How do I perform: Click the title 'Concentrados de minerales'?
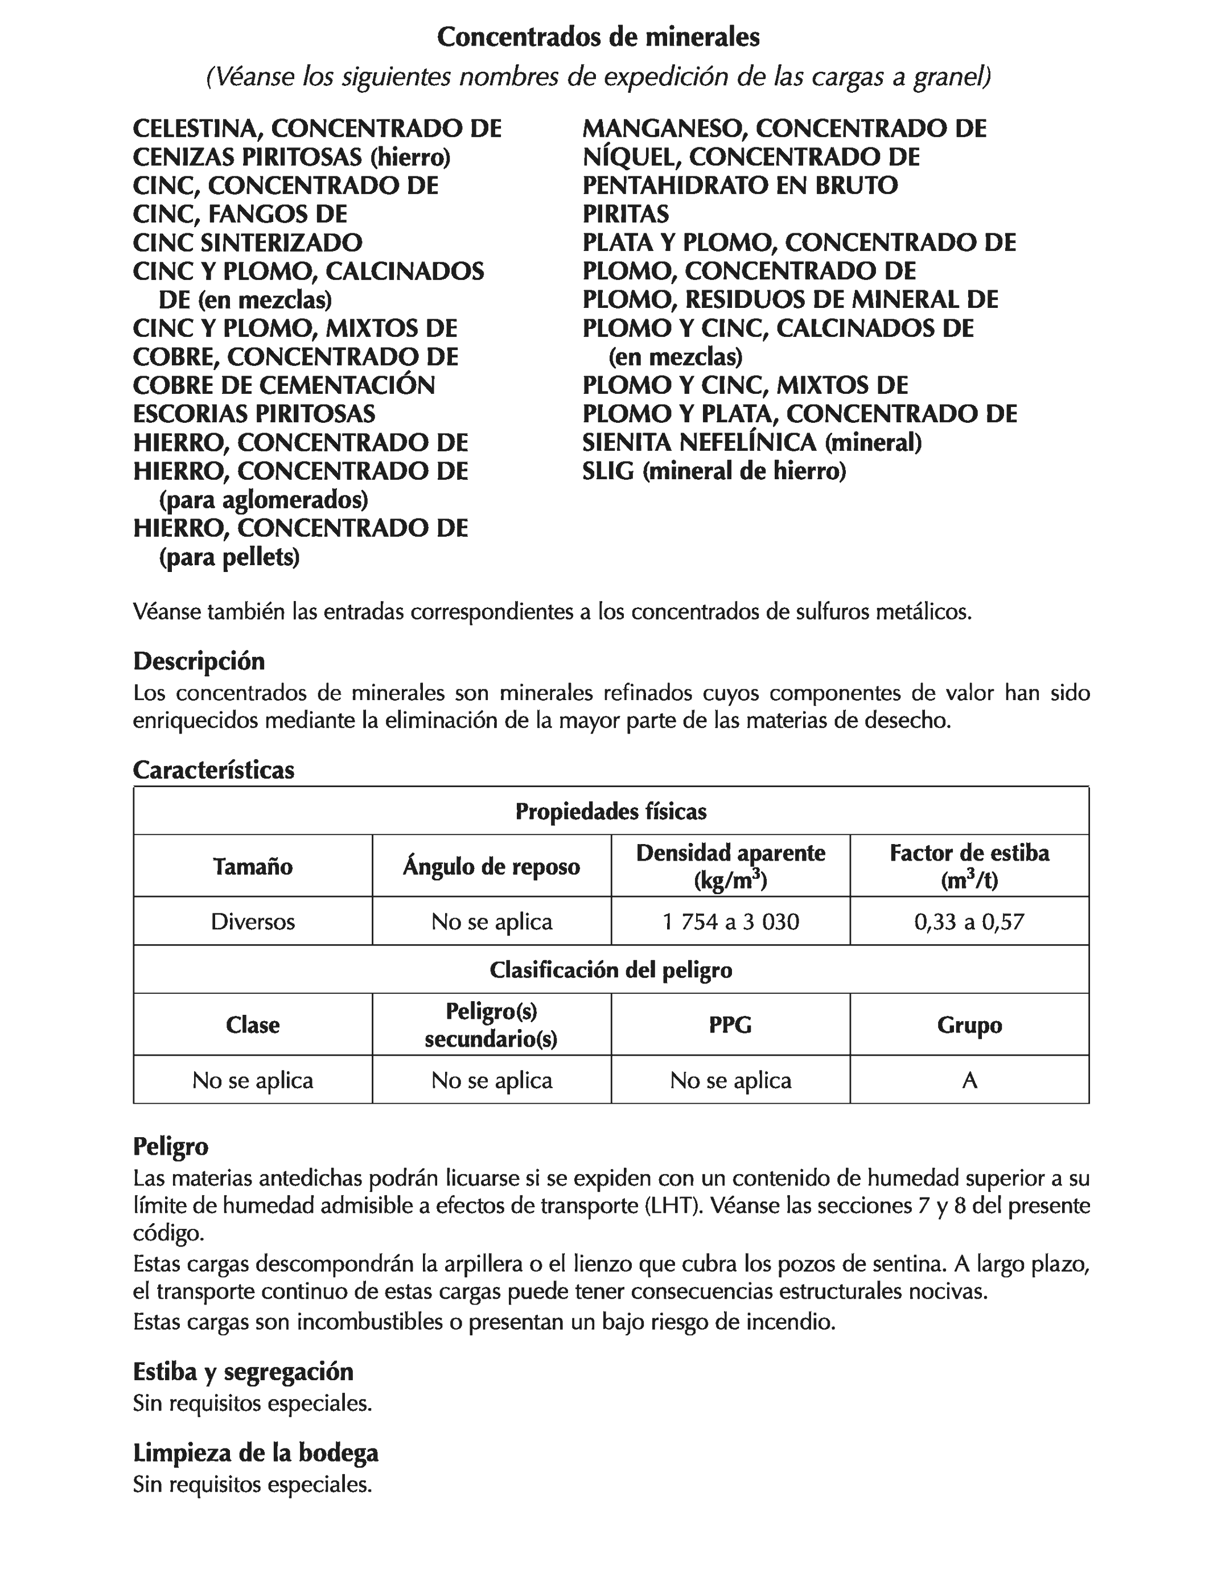pyautogui.click(x=598, y=38)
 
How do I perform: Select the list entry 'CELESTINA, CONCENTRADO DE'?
pyautogui.click(x=317, y=129)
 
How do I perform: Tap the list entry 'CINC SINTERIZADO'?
pyautogui.click(x=248, y=243)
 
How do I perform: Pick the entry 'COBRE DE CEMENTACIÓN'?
pyautogui.click(x=284, y=386)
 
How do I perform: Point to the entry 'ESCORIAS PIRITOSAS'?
pyautogui.click(x=254, y=414)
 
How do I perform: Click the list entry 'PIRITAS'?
pyautogui.click(x=626, y=215)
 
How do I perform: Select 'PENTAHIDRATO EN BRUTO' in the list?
pyautogui.click(x=740, y=186)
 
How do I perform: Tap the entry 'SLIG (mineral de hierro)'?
pyautogui.click(x=714, y=472)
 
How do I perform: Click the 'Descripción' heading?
pyautogui.click(x=199, y=661)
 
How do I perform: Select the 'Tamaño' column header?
pyautogui.click(x=253, y=866)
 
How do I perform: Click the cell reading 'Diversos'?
pyautogui.click(x=253, y=921)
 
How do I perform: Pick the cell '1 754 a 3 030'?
pyautogui.click(x=730, y=921)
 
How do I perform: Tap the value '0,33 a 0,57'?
pyautogui.click(x=969, y=921)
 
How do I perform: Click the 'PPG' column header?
pyautogui.click(x=730, y=1025)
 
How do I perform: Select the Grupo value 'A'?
pyautogui.click(x=969, y=1080)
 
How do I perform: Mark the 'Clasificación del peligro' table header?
pyautogui.click(x=611, y=970)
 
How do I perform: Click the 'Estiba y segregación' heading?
pyautogui.click(x=243, y=1371)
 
